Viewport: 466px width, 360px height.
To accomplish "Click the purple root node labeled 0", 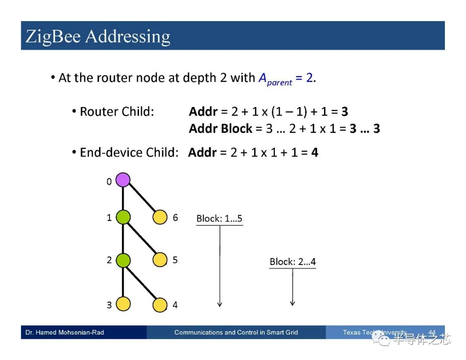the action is click(x=123, y=180).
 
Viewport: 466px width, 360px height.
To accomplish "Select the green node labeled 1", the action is click(x=123, y=217).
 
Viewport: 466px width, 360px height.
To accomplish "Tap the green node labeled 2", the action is click(x=123, y=260).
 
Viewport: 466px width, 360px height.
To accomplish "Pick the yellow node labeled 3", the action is click(x=123, y=304).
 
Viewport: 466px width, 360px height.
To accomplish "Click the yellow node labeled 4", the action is click(x=160, y=305).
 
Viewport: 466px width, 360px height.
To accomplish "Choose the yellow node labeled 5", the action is click(x=160, y=259).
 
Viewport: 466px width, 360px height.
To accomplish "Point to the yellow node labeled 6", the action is click(x=160, y=217).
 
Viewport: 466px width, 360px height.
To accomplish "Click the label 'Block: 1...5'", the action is click(x=219, y=218).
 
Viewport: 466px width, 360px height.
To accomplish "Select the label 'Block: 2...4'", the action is click(x=293, y=262).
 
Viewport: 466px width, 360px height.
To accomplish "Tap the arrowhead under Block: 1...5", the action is click(x=220, y=304).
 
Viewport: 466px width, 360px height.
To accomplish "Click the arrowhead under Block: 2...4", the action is click(x=293, y=303).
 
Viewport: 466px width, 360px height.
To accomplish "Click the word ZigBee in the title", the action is click(x=53, y=37).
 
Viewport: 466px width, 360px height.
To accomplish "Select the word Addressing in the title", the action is click(x=128, y=37).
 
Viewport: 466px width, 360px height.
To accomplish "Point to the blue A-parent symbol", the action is click(x=275, y=79).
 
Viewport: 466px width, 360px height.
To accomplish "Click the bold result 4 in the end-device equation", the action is click(x=315, y=152).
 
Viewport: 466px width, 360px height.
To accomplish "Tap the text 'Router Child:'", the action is click(x=117, y=112).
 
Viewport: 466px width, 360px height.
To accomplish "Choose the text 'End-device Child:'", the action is click(x=129, y=152).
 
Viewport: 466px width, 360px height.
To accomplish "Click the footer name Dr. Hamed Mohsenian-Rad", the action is click(x=65, y=332).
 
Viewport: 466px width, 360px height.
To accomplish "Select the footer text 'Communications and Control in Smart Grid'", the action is click(x=236, y=332).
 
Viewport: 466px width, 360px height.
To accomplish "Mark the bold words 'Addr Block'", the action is click(x=220, y=129).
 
